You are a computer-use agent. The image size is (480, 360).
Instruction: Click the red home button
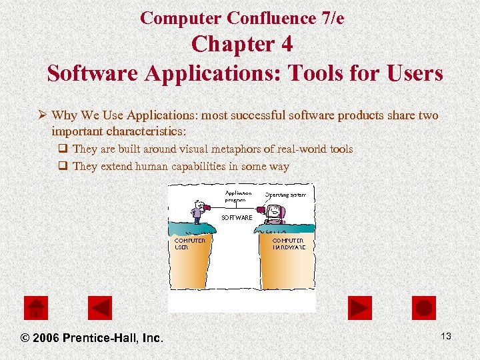click(36, 308)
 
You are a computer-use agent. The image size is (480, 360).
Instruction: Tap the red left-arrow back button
click(100, 308)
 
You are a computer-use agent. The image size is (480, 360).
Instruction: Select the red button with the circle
click(424, 308)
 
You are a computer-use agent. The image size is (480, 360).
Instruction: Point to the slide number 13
click(445, 336)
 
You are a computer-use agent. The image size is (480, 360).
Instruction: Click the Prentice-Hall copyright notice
click(92, 338)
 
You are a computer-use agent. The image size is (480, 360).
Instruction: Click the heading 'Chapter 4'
click(241, 45)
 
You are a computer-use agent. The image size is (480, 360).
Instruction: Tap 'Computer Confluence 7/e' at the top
click(242, 18)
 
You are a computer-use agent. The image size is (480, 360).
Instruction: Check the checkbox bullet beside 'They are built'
click(63, 149)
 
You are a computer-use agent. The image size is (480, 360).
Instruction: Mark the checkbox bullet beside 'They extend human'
click(63, 167)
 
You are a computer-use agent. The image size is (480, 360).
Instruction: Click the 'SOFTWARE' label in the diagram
click(237, 217)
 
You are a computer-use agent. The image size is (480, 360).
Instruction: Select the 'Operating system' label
click(285, 195)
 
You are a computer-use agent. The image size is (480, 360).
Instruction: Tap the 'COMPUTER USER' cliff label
click(189, 243)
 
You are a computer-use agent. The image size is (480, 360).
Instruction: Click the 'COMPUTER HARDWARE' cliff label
click(289, 243)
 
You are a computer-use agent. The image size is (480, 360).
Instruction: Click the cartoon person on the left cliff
click(197, 212)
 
